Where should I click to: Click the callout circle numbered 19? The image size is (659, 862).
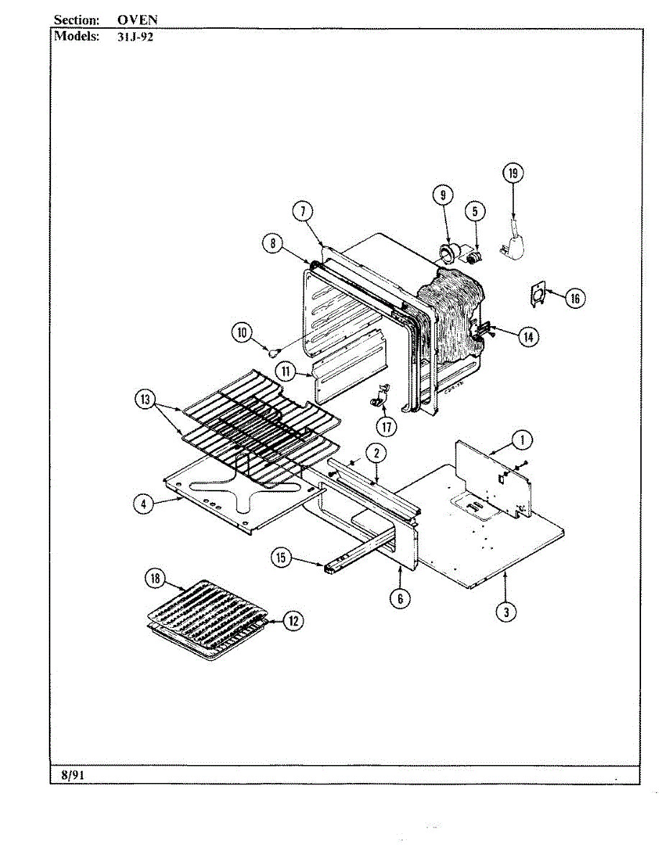512,173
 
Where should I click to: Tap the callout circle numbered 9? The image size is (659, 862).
443,194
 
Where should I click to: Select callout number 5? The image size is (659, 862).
474,211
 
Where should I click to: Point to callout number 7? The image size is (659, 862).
303,210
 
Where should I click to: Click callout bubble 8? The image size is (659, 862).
272,244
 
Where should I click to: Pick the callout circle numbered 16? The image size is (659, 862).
574,297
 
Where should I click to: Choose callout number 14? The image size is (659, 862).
529,336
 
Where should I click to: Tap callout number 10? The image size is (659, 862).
242,332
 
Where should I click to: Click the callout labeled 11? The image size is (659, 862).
285,371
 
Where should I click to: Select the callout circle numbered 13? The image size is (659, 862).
146,399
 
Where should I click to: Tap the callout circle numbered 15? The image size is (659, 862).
282,557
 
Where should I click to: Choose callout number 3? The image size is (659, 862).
506,611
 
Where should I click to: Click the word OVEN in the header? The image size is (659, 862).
137,20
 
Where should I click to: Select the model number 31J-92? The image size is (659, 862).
135,37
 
